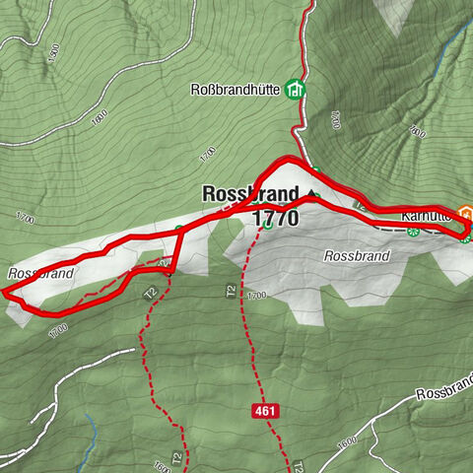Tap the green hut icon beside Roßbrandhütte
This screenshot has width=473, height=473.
(x=295, y=90)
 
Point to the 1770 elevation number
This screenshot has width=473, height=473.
(x=275, y=219)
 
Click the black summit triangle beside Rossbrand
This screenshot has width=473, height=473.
(x=313, y=193)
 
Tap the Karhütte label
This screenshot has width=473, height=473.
(x=426, y=215)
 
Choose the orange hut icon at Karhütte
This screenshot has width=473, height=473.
(x=467, y=215)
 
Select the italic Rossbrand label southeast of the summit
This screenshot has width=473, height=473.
(x=357, y=255)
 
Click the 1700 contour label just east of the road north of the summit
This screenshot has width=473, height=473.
(x=334, y=121)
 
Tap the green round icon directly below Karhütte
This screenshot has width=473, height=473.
(x=414, y=233)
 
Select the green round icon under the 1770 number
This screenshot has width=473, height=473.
(x=267, y=236)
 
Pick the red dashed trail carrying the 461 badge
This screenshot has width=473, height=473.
(x=252, y=325)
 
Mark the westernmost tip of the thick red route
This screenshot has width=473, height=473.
(x=4, y=292)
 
